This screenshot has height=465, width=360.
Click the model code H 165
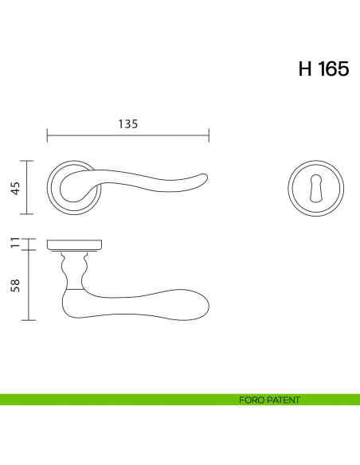tap(323, 69)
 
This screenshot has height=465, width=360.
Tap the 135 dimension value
tap(128, 123)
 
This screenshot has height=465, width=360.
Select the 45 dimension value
tap(14, 188)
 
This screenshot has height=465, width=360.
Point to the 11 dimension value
tap(14, 243)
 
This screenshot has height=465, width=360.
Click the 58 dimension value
tap(14, 284)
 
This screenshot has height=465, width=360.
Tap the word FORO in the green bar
tap(252, 400)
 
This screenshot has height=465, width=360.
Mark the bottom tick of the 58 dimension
tap(29, 320)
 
